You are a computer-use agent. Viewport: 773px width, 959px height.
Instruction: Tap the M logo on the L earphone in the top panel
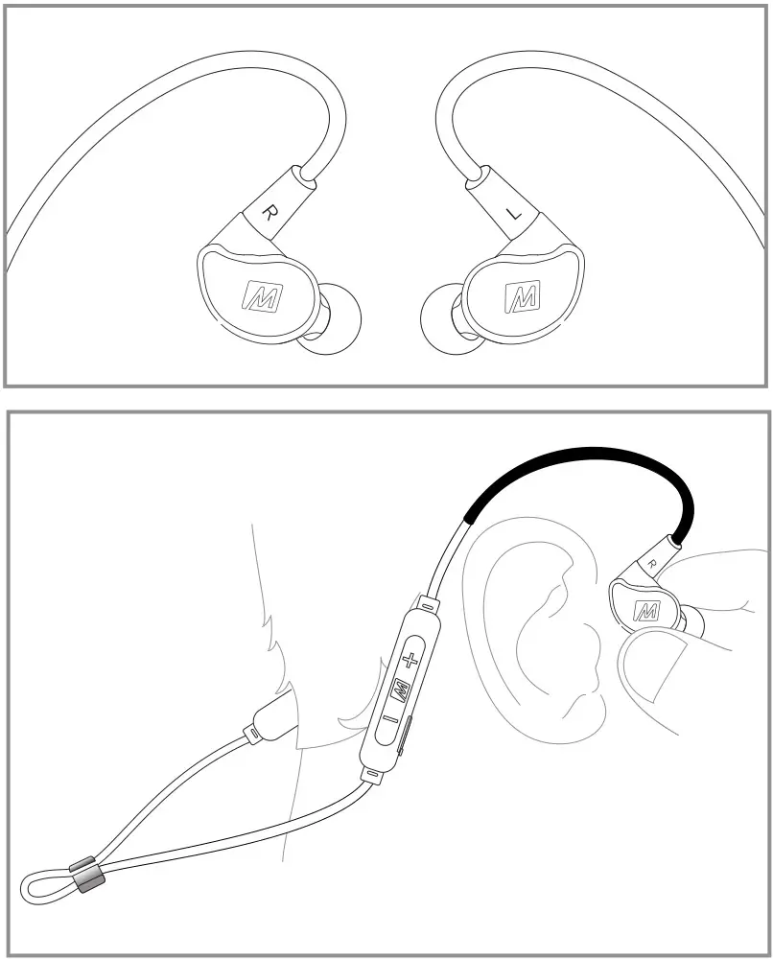[522, 294]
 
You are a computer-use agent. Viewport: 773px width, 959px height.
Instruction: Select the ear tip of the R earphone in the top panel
[331, 321]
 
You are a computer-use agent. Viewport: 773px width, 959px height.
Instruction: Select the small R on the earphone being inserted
[652, 563]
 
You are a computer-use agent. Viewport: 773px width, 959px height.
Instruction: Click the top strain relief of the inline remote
[426, 605]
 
